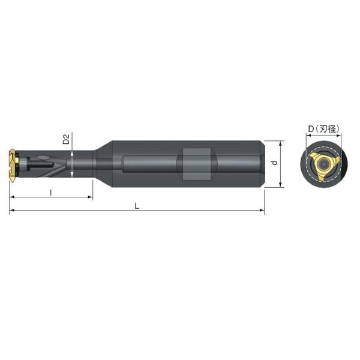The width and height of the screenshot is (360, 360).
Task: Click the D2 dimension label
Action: (66, 139)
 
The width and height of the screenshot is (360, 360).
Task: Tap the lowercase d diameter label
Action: (274, 163)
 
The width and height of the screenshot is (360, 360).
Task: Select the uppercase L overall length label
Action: (137, 206)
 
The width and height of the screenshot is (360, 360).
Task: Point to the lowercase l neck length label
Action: (51, 193)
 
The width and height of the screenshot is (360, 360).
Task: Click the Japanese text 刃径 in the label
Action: (329, 129)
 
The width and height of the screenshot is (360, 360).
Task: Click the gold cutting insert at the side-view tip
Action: (14, 165)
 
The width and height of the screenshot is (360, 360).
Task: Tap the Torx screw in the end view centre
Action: (324, 164)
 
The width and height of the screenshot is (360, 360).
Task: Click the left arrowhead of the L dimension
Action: (11, 210)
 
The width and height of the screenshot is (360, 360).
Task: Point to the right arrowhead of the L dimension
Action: (262, 210)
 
